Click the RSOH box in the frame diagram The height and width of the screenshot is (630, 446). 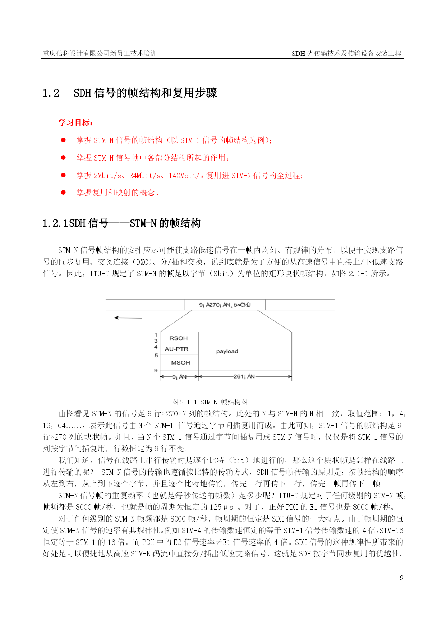pos(179,338)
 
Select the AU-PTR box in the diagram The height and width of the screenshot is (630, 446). pos(176,349)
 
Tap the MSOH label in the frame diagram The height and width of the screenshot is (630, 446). pos(180,362)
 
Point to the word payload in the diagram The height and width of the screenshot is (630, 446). pos(227,351)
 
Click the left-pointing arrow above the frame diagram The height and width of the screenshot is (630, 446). pos(128,318)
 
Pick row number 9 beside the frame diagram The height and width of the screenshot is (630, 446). pos(156,370)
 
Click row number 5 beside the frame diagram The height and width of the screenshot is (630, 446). pos(156,355)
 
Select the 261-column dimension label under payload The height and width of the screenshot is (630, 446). pos(244,376)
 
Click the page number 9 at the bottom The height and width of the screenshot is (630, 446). pos(401,578)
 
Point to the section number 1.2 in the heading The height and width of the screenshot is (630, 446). pos(51,93)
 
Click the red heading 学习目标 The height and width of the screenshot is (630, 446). pos(75,123)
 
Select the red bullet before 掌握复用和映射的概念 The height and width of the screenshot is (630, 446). pos(64,193)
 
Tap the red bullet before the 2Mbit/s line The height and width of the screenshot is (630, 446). pos(64,175)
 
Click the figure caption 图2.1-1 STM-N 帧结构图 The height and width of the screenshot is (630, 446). pos(210,402)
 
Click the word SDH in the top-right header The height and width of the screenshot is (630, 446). pos(298,54)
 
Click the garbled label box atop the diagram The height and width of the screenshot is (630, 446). pos(225,305)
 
